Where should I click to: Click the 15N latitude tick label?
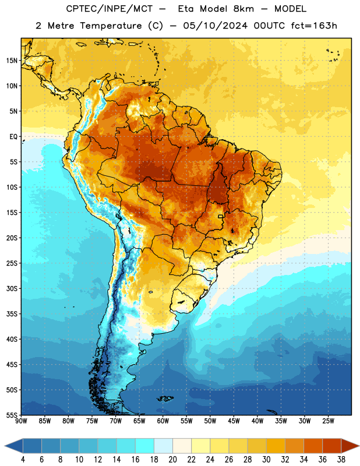(12, 61)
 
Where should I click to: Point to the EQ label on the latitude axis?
(13, 137)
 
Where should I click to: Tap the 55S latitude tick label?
(12, 415)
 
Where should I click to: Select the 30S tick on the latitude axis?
(12, 288)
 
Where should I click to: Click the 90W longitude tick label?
(21, 421)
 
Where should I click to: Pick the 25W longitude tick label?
(328, 421)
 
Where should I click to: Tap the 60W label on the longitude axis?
(163, 421)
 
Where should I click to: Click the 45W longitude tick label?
(234, 421)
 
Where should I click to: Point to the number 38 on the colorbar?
(341, 460)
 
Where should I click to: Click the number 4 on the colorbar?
(23, 460)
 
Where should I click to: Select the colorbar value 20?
(172, 460)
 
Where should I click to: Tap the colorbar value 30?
(266, 460)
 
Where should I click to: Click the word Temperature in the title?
(111, 26)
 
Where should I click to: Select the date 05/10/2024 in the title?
(215, 26)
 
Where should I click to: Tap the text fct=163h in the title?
(314, 26)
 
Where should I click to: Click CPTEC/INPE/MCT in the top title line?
(109, 9)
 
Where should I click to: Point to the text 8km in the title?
(243, 9)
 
